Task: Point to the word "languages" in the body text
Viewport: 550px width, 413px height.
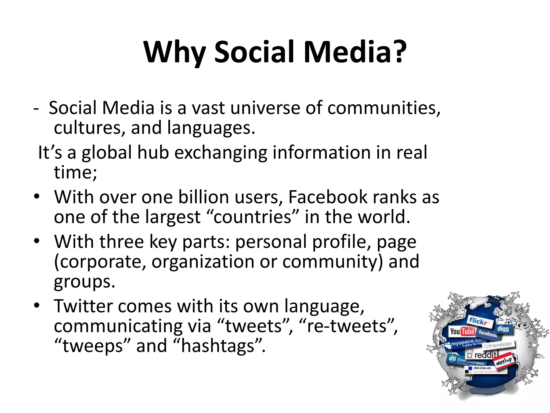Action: point(211,128)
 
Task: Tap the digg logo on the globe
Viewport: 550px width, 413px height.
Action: point(503,329)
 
